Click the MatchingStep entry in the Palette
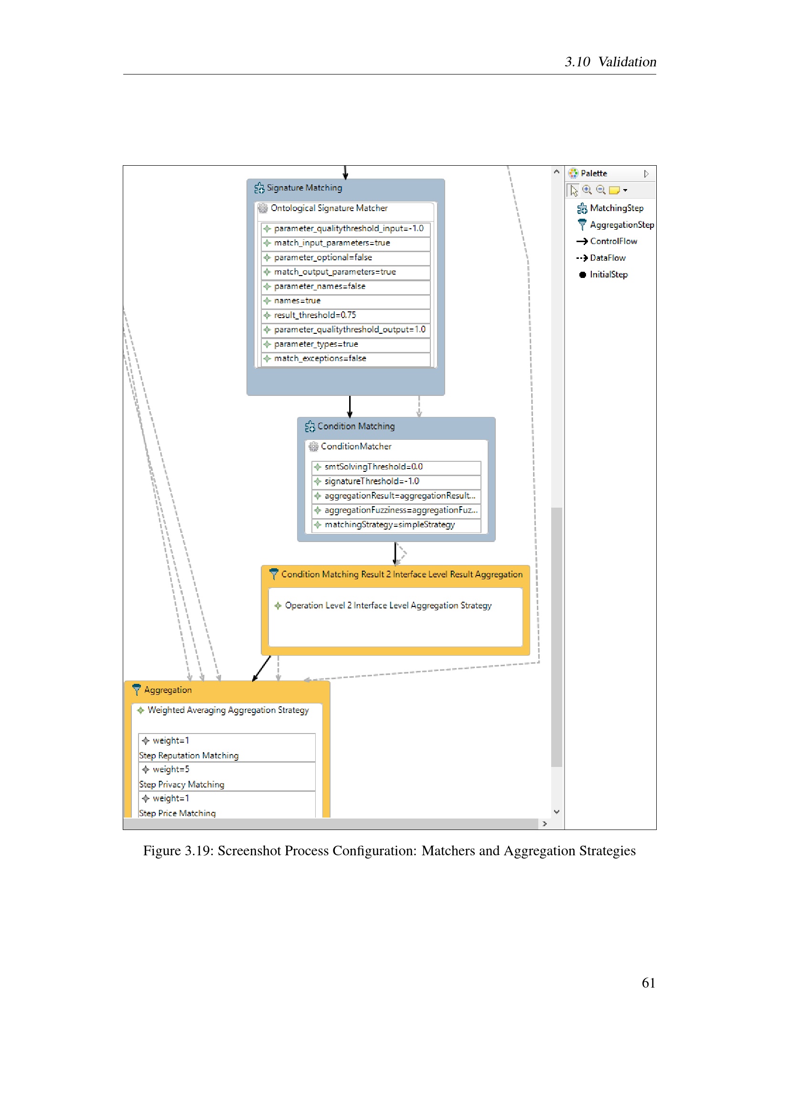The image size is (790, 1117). coord(610,208)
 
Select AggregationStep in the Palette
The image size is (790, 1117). coord(615,225)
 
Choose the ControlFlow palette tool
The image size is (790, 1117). coord(607,241)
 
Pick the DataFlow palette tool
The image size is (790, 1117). coord(601,258)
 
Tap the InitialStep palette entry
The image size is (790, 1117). coord(603,275)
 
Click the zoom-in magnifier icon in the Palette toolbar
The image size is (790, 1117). coord(587,190)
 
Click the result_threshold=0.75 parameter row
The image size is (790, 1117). coord(345,315)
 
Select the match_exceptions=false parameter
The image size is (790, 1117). coord(345,359)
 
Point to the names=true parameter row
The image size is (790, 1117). coord(345,301)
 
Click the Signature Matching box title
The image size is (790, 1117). coord(304,188)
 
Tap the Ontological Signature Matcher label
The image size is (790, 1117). coord(329,208)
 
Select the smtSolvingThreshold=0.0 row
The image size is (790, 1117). coord(396,467)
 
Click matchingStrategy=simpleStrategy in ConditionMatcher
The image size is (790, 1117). coord(396,525)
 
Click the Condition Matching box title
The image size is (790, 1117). coord(356,426)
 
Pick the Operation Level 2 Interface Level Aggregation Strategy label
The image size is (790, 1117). coord(388,606)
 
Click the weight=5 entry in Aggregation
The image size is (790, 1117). coord(170,770)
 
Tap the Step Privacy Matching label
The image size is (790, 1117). coord(181,785)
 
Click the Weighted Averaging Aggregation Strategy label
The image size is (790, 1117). coord(228,710)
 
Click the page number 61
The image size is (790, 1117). coord(649,983)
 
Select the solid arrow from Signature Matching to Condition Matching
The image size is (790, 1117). coord(350,407)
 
